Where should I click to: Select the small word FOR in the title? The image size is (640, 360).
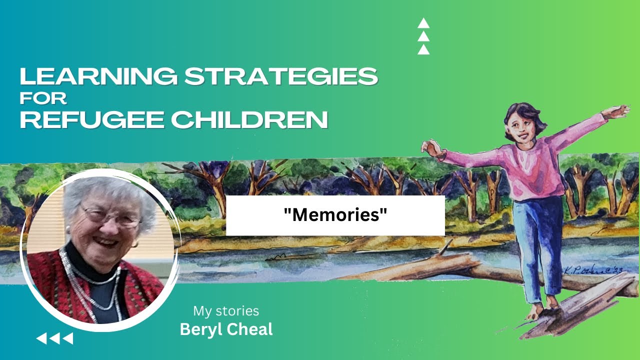click(43, 98)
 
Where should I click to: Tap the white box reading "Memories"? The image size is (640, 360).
click(335, 215)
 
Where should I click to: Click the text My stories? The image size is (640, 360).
click(226, 311)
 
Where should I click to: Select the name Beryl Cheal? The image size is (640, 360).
click(226, 330)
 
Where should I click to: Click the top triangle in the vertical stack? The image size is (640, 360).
click(423, 23)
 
